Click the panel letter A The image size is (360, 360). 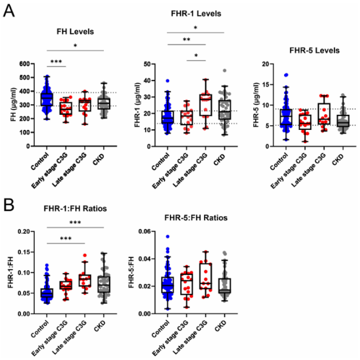(9, 10)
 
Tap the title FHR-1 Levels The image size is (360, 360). (195, 14)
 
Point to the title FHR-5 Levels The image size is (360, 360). (315, 50)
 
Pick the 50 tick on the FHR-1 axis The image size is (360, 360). (152, 64)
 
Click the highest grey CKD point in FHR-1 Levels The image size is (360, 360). (225, 70)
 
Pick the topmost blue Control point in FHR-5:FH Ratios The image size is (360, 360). (168, 237)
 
